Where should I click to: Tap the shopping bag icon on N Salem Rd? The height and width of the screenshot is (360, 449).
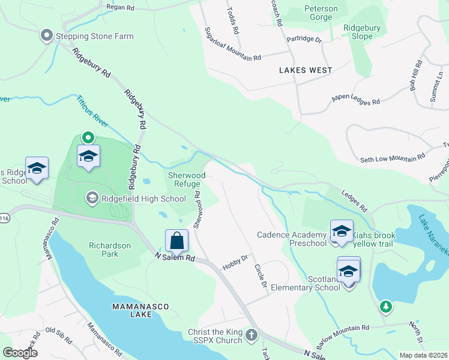coord(177,241)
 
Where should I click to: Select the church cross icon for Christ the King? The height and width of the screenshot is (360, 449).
coord(252,335)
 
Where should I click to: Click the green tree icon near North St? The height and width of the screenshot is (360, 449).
coord(385,307)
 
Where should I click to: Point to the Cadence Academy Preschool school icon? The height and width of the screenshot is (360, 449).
coord(342,232)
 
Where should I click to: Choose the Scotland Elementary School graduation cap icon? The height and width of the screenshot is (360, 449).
coord(349,271)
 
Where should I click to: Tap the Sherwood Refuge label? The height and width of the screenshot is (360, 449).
coord(186,180)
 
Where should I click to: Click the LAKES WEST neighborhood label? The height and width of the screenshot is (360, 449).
coord(306,70)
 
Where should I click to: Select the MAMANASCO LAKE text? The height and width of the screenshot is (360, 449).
coord(141,307)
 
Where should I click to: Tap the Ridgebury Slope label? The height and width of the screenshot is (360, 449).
coord(366,32)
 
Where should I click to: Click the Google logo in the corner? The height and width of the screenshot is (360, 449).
coord(20,353)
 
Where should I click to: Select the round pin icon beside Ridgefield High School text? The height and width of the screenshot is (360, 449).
coord(92,197)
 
